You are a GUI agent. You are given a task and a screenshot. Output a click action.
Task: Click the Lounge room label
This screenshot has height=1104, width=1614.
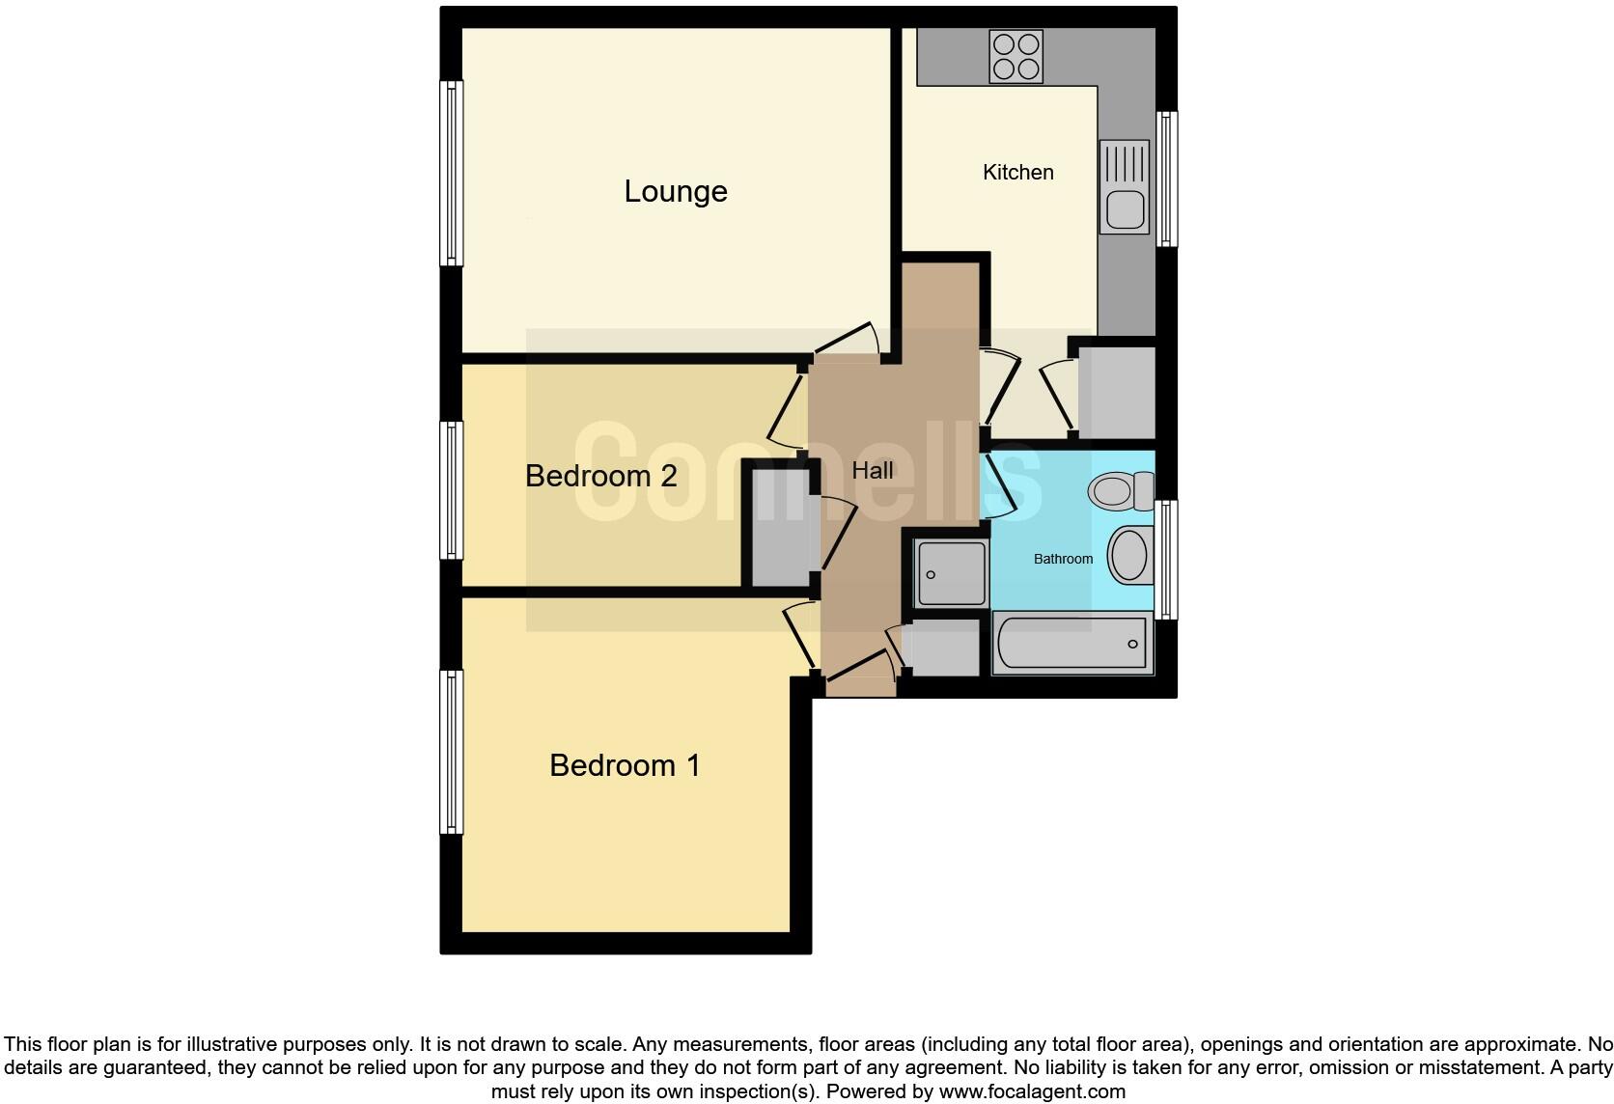tap(675, 191)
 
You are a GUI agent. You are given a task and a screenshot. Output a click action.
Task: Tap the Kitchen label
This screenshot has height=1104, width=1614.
tap(1017, 173)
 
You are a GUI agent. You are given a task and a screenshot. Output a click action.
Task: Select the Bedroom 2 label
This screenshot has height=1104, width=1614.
tap(600, 476)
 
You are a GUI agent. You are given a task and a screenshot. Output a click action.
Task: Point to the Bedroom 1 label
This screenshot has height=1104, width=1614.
tap(624, 765)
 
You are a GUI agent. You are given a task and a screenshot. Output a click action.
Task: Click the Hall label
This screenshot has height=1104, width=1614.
tap(872, 471)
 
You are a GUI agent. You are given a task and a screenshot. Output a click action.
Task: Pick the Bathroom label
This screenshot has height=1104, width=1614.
tap(1063, 559)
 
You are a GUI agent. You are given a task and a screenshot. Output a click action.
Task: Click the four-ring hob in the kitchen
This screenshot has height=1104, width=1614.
tap(1016, 56)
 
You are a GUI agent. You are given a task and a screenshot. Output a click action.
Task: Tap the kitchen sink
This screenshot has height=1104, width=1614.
tap(1124, 186)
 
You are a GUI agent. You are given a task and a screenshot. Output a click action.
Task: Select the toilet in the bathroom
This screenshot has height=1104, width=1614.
tap(1120, 491)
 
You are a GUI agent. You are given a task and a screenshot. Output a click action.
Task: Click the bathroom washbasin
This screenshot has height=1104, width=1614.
tap(1129, 556)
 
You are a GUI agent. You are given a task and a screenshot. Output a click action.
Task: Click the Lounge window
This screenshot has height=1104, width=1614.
tap(452, 173)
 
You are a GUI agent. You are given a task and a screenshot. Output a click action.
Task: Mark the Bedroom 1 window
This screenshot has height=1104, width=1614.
tap(452, 752)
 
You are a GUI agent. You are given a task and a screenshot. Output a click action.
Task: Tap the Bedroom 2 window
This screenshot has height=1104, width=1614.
tap(452, 490)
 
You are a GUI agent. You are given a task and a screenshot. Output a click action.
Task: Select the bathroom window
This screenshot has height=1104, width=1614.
tap(1166, 559)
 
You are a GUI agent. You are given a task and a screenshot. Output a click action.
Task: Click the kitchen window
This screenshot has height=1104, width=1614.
tap(1166, 179)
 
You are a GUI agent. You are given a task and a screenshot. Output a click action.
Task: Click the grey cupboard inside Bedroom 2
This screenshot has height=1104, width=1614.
tap(780, 527)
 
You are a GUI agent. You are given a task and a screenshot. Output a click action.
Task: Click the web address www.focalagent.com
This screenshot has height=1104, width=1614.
tap(1032, 1092)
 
